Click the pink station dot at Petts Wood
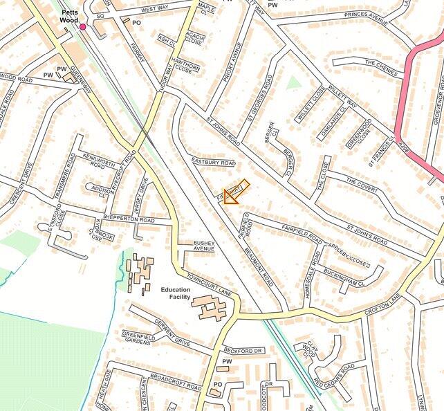pos(83,27)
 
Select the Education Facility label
pos(175,293)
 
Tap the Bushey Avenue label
pos(204,246)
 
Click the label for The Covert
pos(362,185)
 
